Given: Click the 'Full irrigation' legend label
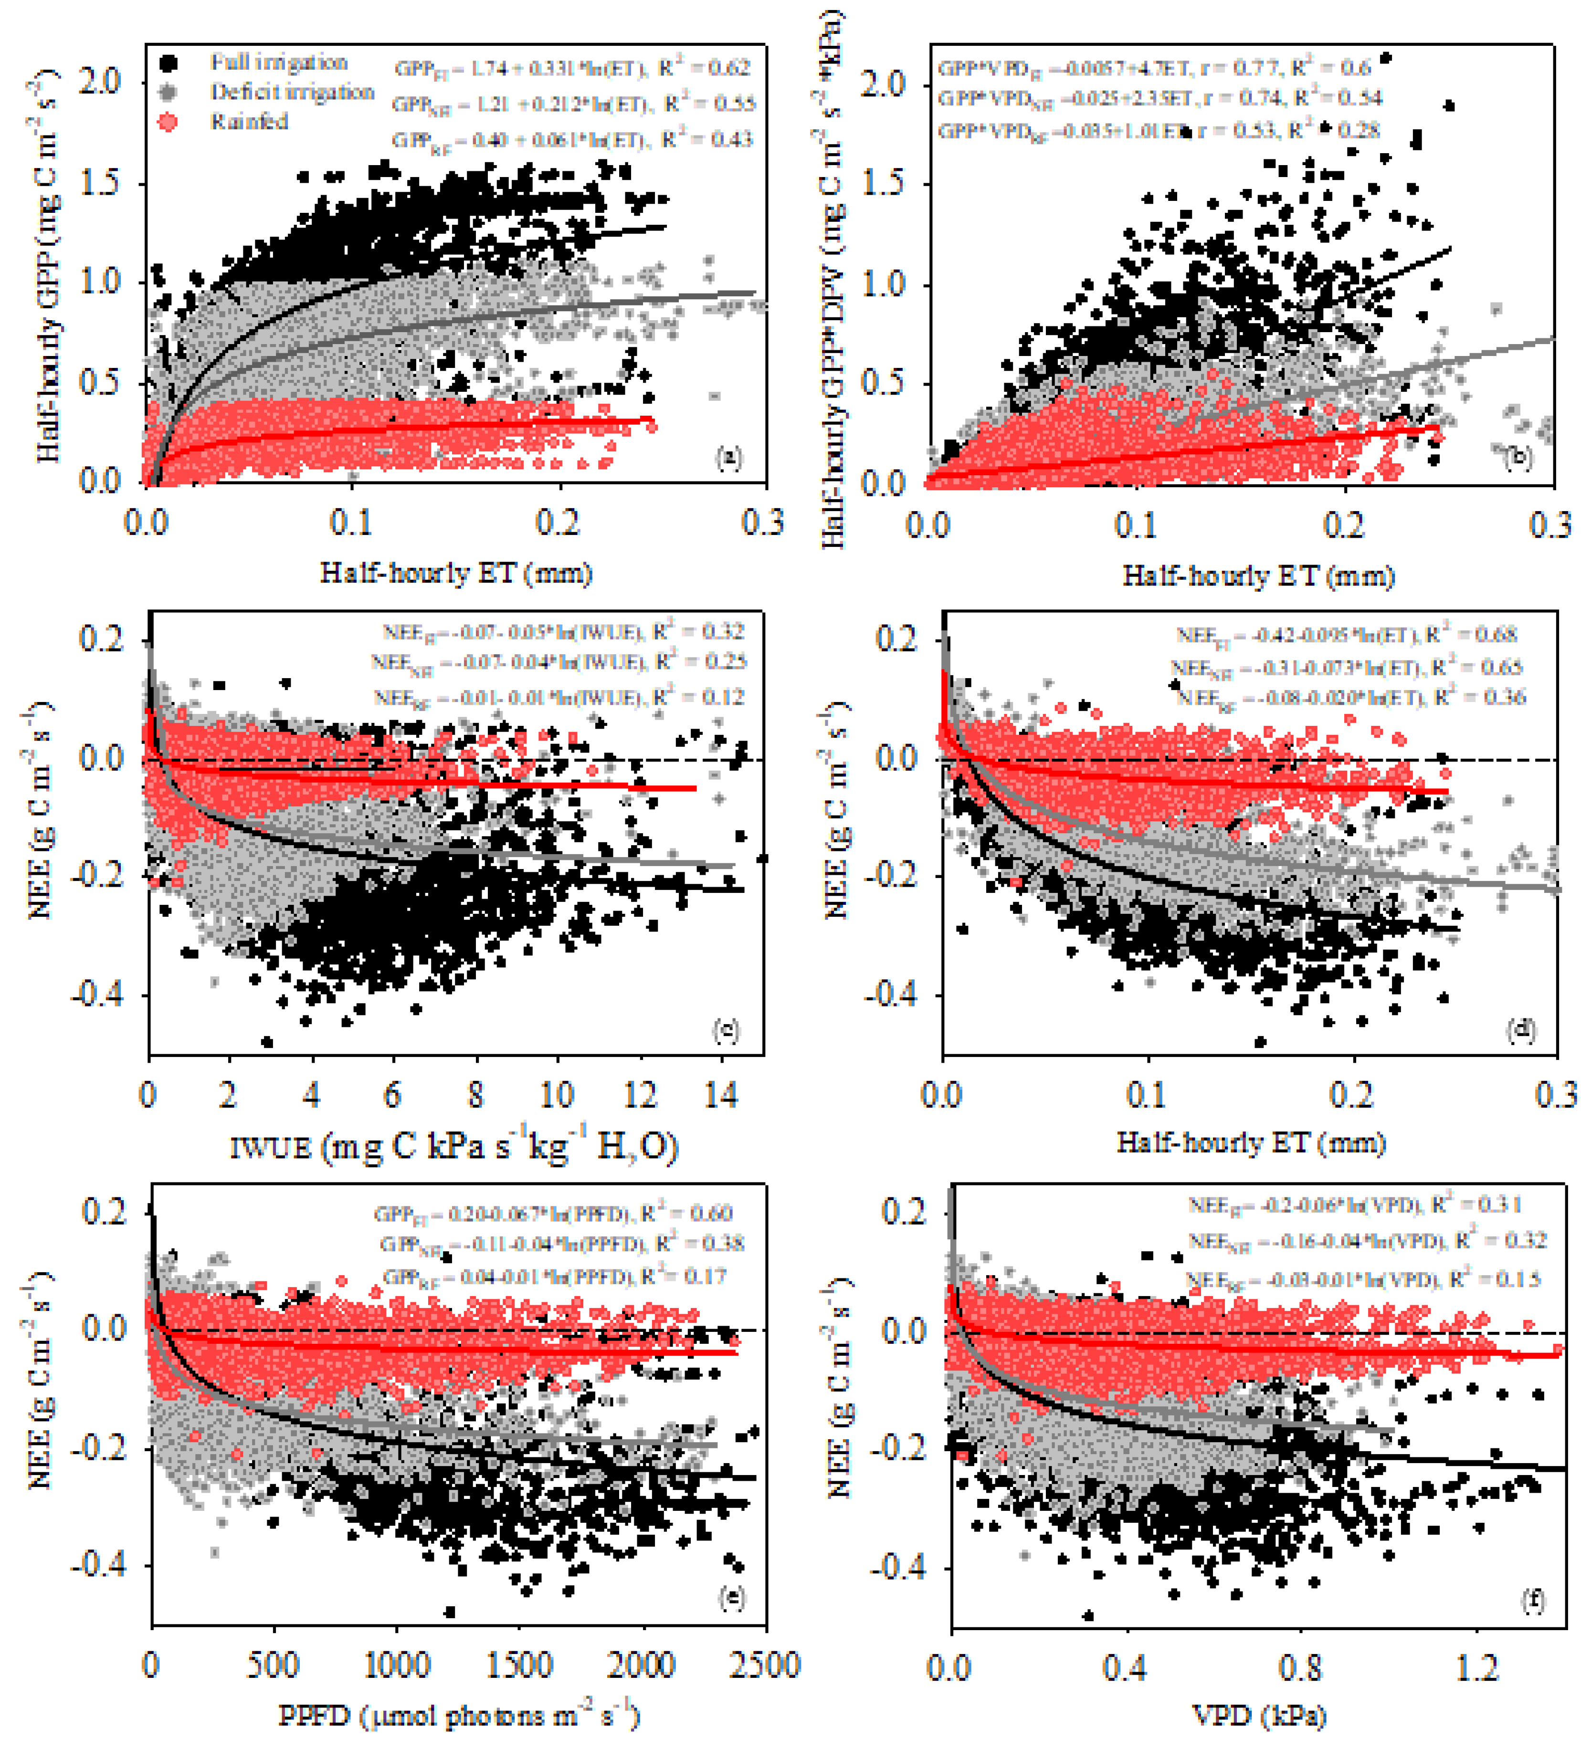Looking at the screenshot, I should pyautogui.click(x=278, y=63).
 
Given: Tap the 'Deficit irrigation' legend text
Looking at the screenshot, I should pyautogui.click(x=292, y=92).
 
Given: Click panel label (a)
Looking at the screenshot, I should pyautogui.click(x=728, y=458).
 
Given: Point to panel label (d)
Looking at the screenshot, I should pyautogui.click(x=1520, y=1030).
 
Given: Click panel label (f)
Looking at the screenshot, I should pyautogui.click(x=1532, y=1600).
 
